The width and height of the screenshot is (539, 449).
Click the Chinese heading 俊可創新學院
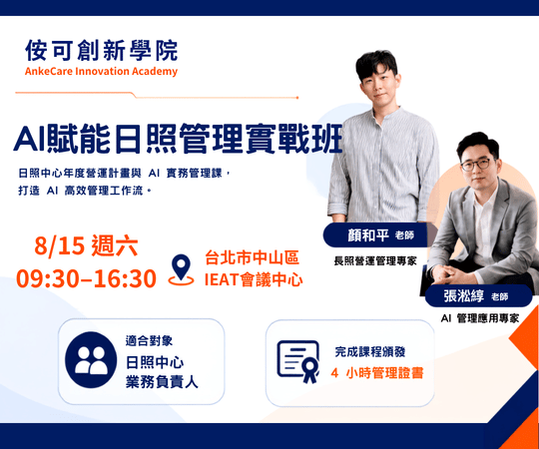coord(102,51)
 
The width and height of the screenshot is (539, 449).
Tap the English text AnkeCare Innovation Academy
coord(101,72)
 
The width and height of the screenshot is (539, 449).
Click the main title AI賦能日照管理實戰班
coord(178,139)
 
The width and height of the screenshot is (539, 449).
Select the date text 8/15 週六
coord(86,245)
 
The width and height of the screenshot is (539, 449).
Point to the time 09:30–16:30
coord(86,278)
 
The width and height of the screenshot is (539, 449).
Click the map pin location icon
coord(181,270)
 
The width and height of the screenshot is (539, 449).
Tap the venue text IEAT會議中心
coord(254,279)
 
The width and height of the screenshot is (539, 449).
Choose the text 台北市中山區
coord(252,257)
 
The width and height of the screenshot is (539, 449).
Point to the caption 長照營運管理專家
coord(375,261)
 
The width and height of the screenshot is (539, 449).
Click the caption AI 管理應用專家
coord(480,318)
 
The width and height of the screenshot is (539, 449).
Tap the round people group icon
coord(91,359)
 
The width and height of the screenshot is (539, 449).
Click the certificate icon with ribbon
coord(298,361)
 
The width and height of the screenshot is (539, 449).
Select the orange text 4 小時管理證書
coord(377,373)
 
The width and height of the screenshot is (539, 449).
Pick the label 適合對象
coord(149,341)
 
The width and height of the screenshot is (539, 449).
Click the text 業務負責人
coord(162,382)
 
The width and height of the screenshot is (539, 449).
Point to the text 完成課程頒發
coord(370,352)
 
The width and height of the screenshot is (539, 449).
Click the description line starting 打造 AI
coord(85,191)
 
